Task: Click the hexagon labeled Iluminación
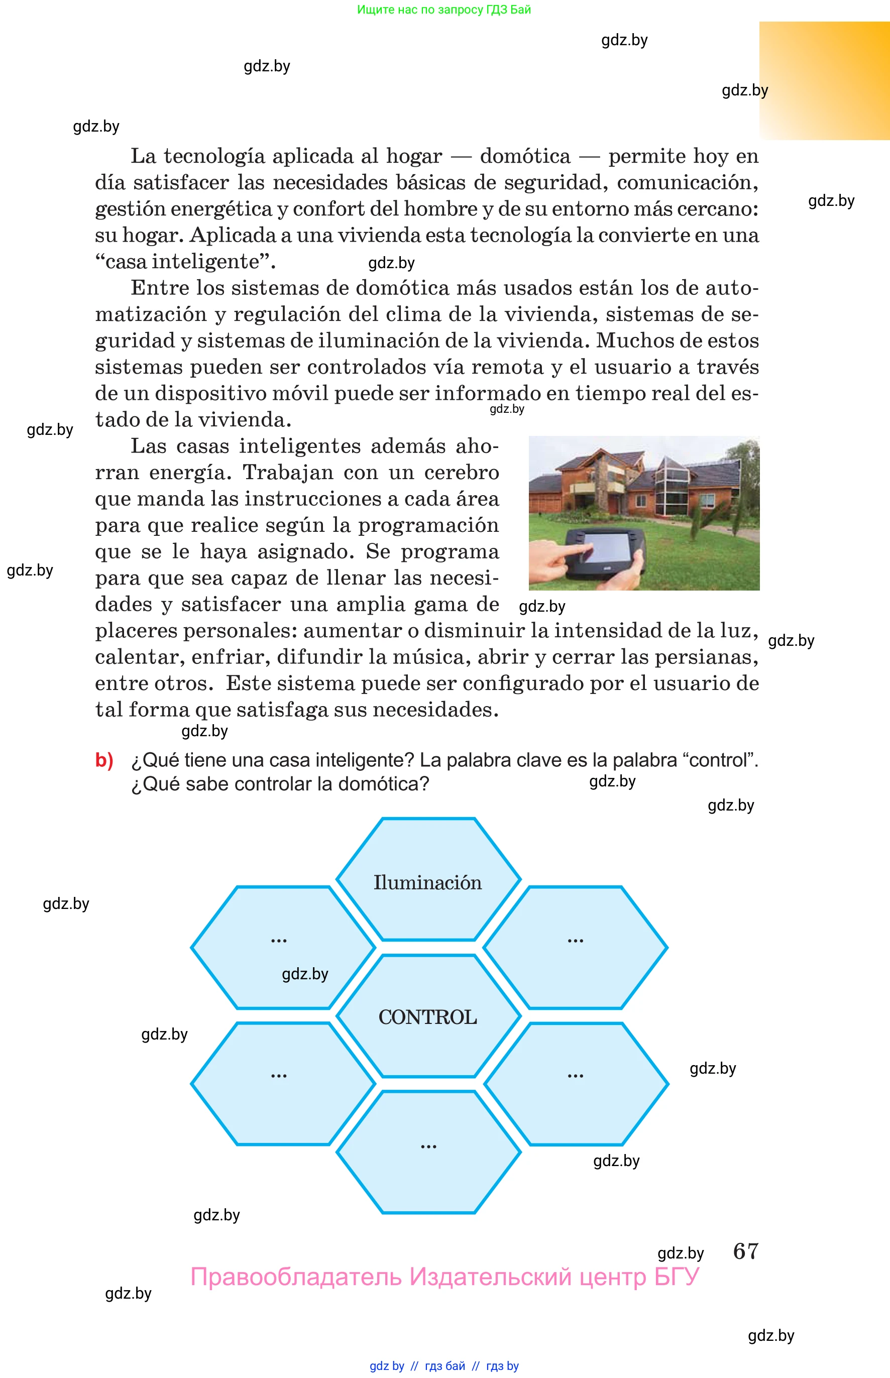click(427, 882)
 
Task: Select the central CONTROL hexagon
click(427, 1017)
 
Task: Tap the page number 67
click(745, 1251)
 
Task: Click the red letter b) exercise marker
click(104, 760)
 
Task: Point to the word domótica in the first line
click(525, 156)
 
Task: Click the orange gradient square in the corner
click(825, 80)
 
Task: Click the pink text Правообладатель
click(295, 1277)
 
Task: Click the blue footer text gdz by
click(387, 1366)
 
